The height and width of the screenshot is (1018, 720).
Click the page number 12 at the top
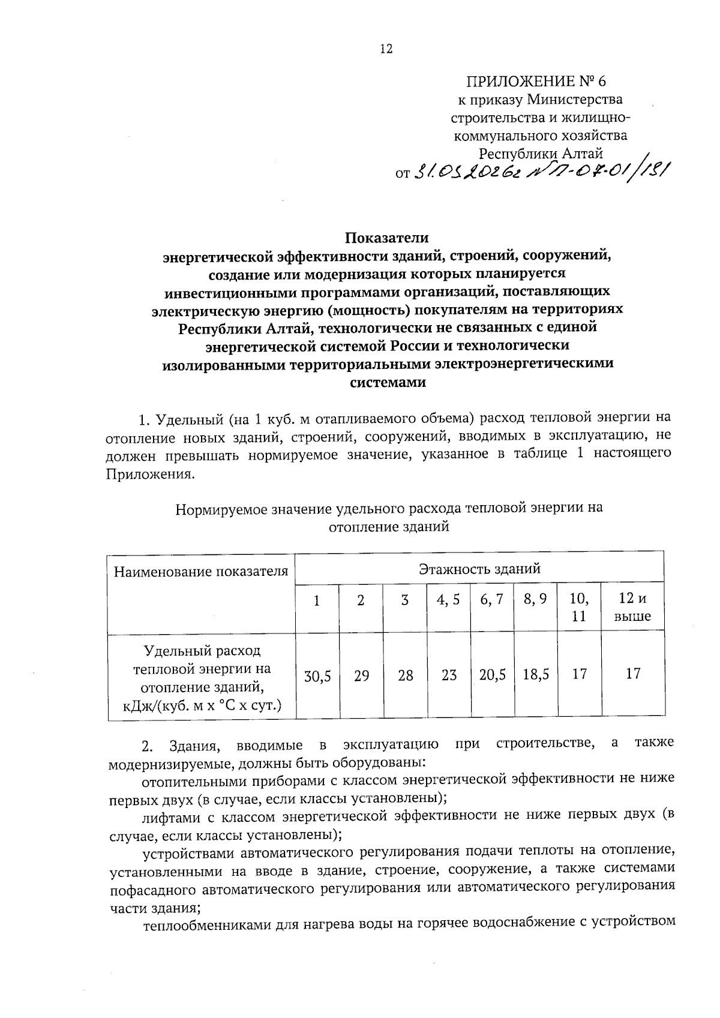[x=386, y=49]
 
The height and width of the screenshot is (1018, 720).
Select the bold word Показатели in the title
[x=387, y=238]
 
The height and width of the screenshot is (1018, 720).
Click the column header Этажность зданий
[x=479, y=567]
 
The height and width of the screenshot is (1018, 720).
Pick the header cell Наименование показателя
[x=201, y=571]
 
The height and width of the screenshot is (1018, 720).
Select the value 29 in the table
[x=361, y=676]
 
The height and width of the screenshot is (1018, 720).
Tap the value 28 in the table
[x=406, y=676]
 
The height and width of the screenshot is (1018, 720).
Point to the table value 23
[x=449, y=675]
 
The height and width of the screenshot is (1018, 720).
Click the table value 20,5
[x=493, y=675]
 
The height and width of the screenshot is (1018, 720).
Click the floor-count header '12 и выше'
[x=633, y=607]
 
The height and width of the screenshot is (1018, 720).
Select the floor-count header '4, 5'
[x=448, y=599]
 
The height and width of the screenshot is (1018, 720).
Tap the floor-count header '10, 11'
[x=579, y=607]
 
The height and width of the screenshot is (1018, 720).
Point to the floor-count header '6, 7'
[x=492, y=599]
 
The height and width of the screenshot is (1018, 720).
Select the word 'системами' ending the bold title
[x=387, y=383]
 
